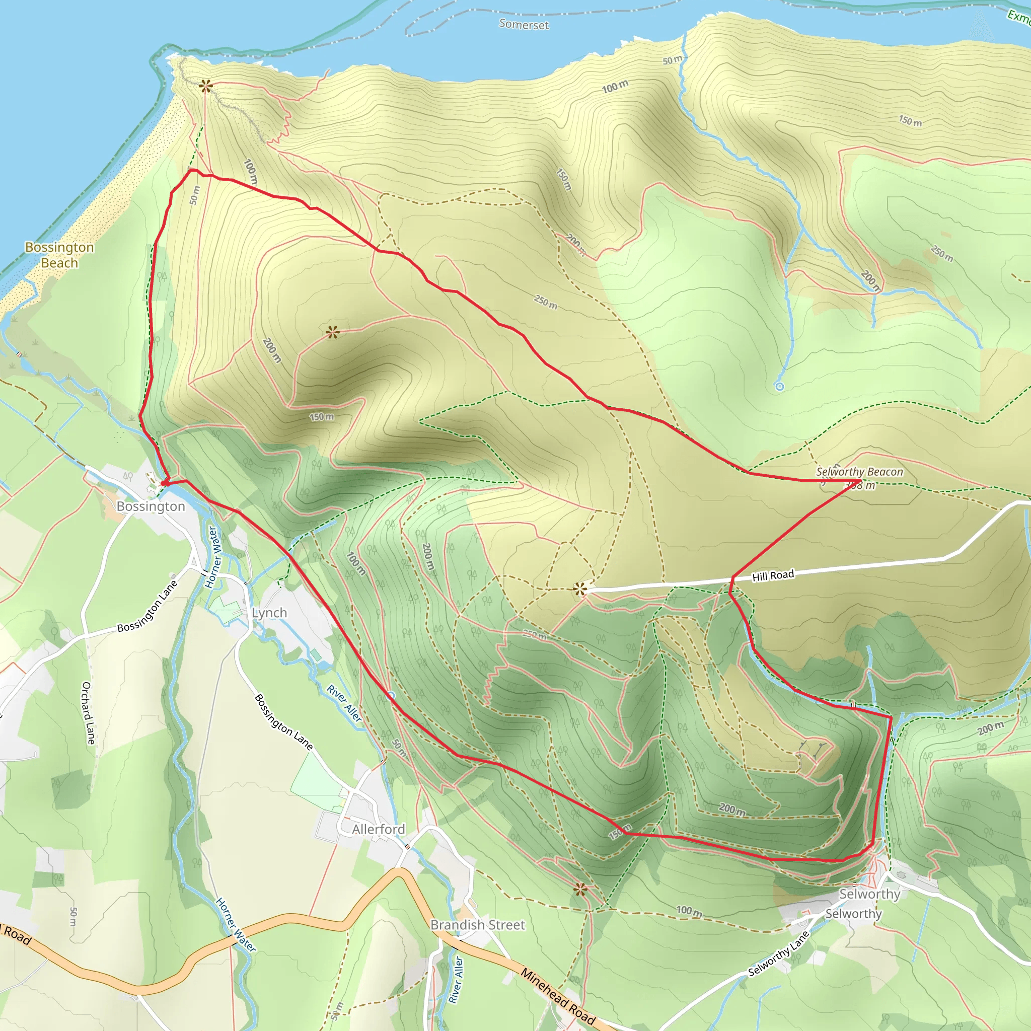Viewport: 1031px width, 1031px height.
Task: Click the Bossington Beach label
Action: point(59,255)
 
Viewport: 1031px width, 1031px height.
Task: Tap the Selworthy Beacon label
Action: point(859,472)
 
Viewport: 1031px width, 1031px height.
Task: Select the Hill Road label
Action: point(773,575)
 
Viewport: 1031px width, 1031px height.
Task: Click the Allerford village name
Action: point(379,829)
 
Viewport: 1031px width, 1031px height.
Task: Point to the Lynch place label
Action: point(269,613)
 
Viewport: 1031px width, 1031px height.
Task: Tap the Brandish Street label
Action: point(478,925)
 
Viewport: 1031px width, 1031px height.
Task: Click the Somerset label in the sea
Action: point(524,24)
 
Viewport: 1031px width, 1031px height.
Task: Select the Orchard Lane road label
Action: point(88,713)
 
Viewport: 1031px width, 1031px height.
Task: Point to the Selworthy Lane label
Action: point(779,953)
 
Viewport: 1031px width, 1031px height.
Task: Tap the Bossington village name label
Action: point(151,506)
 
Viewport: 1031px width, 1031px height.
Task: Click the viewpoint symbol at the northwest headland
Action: point(205,86)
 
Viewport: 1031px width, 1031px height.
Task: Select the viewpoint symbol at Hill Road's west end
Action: point(580,589)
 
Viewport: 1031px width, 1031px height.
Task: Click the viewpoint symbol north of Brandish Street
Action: point(580,890)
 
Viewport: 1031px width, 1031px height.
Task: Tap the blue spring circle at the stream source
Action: point(779,386)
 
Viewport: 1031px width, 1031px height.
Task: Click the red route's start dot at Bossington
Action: point(164,483)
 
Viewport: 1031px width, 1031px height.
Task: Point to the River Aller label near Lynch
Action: point(345,703)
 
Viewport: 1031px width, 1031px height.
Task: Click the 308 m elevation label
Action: point(860,485)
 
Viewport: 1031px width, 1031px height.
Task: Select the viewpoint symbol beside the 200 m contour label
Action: point(332,332)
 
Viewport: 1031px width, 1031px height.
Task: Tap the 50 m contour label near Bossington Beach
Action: point(195,195)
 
